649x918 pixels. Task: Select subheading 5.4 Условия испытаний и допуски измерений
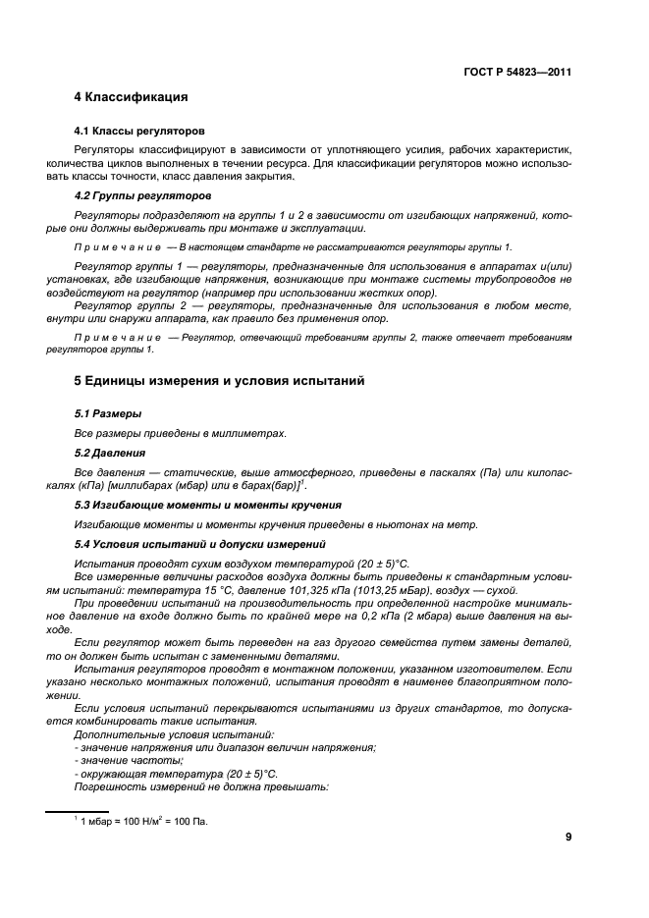point(206,543)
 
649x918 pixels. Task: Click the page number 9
point(568,837)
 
